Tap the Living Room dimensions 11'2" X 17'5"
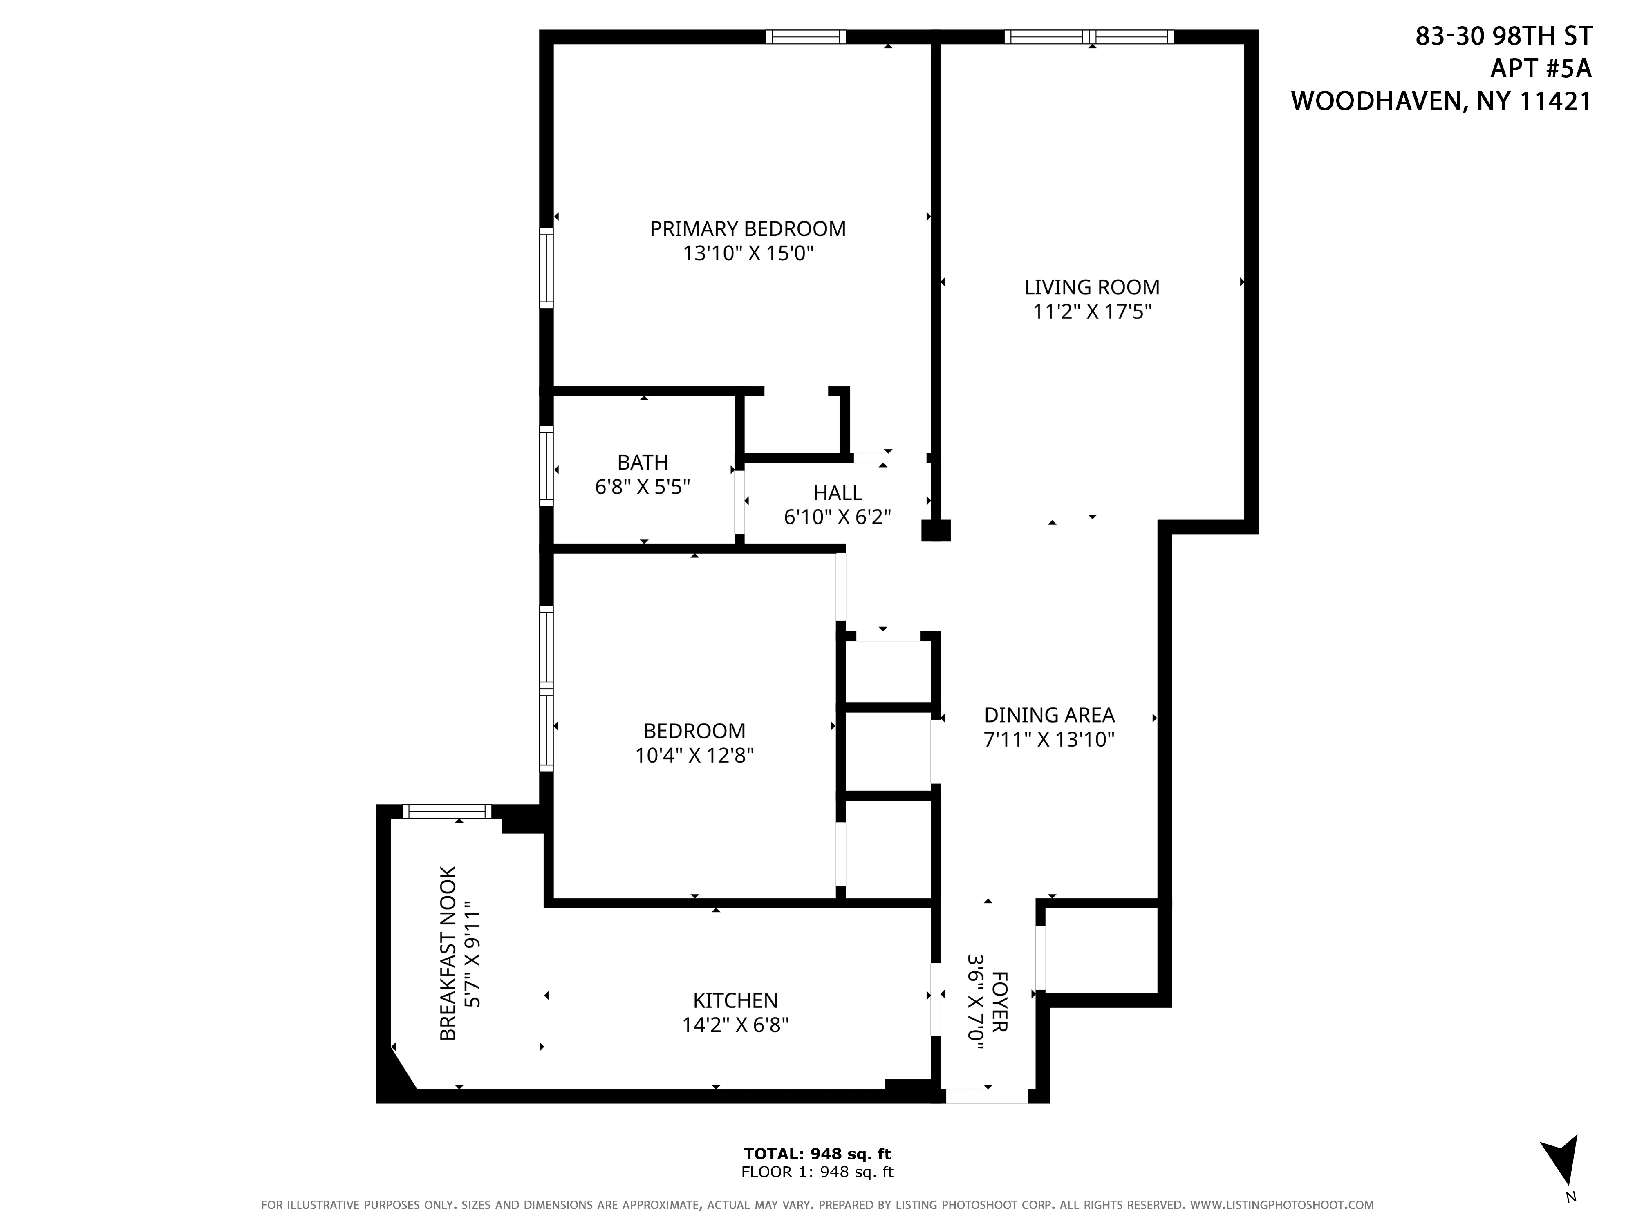[x=1092, y=312]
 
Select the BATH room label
[x=642, y=463]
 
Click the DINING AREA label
[x=1049, y=715]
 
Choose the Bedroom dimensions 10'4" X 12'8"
[x=694, y=755]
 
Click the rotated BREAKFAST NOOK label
[x=448, y=953]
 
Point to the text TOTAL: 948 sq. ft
[x=817, y=1154]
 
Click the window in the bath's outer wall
[x=546, y=465]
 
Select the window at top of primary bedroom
[x=805, y=37]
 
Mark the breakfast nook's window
[x=446, y=812]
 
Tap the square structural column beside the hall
[x=936, y=530]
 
